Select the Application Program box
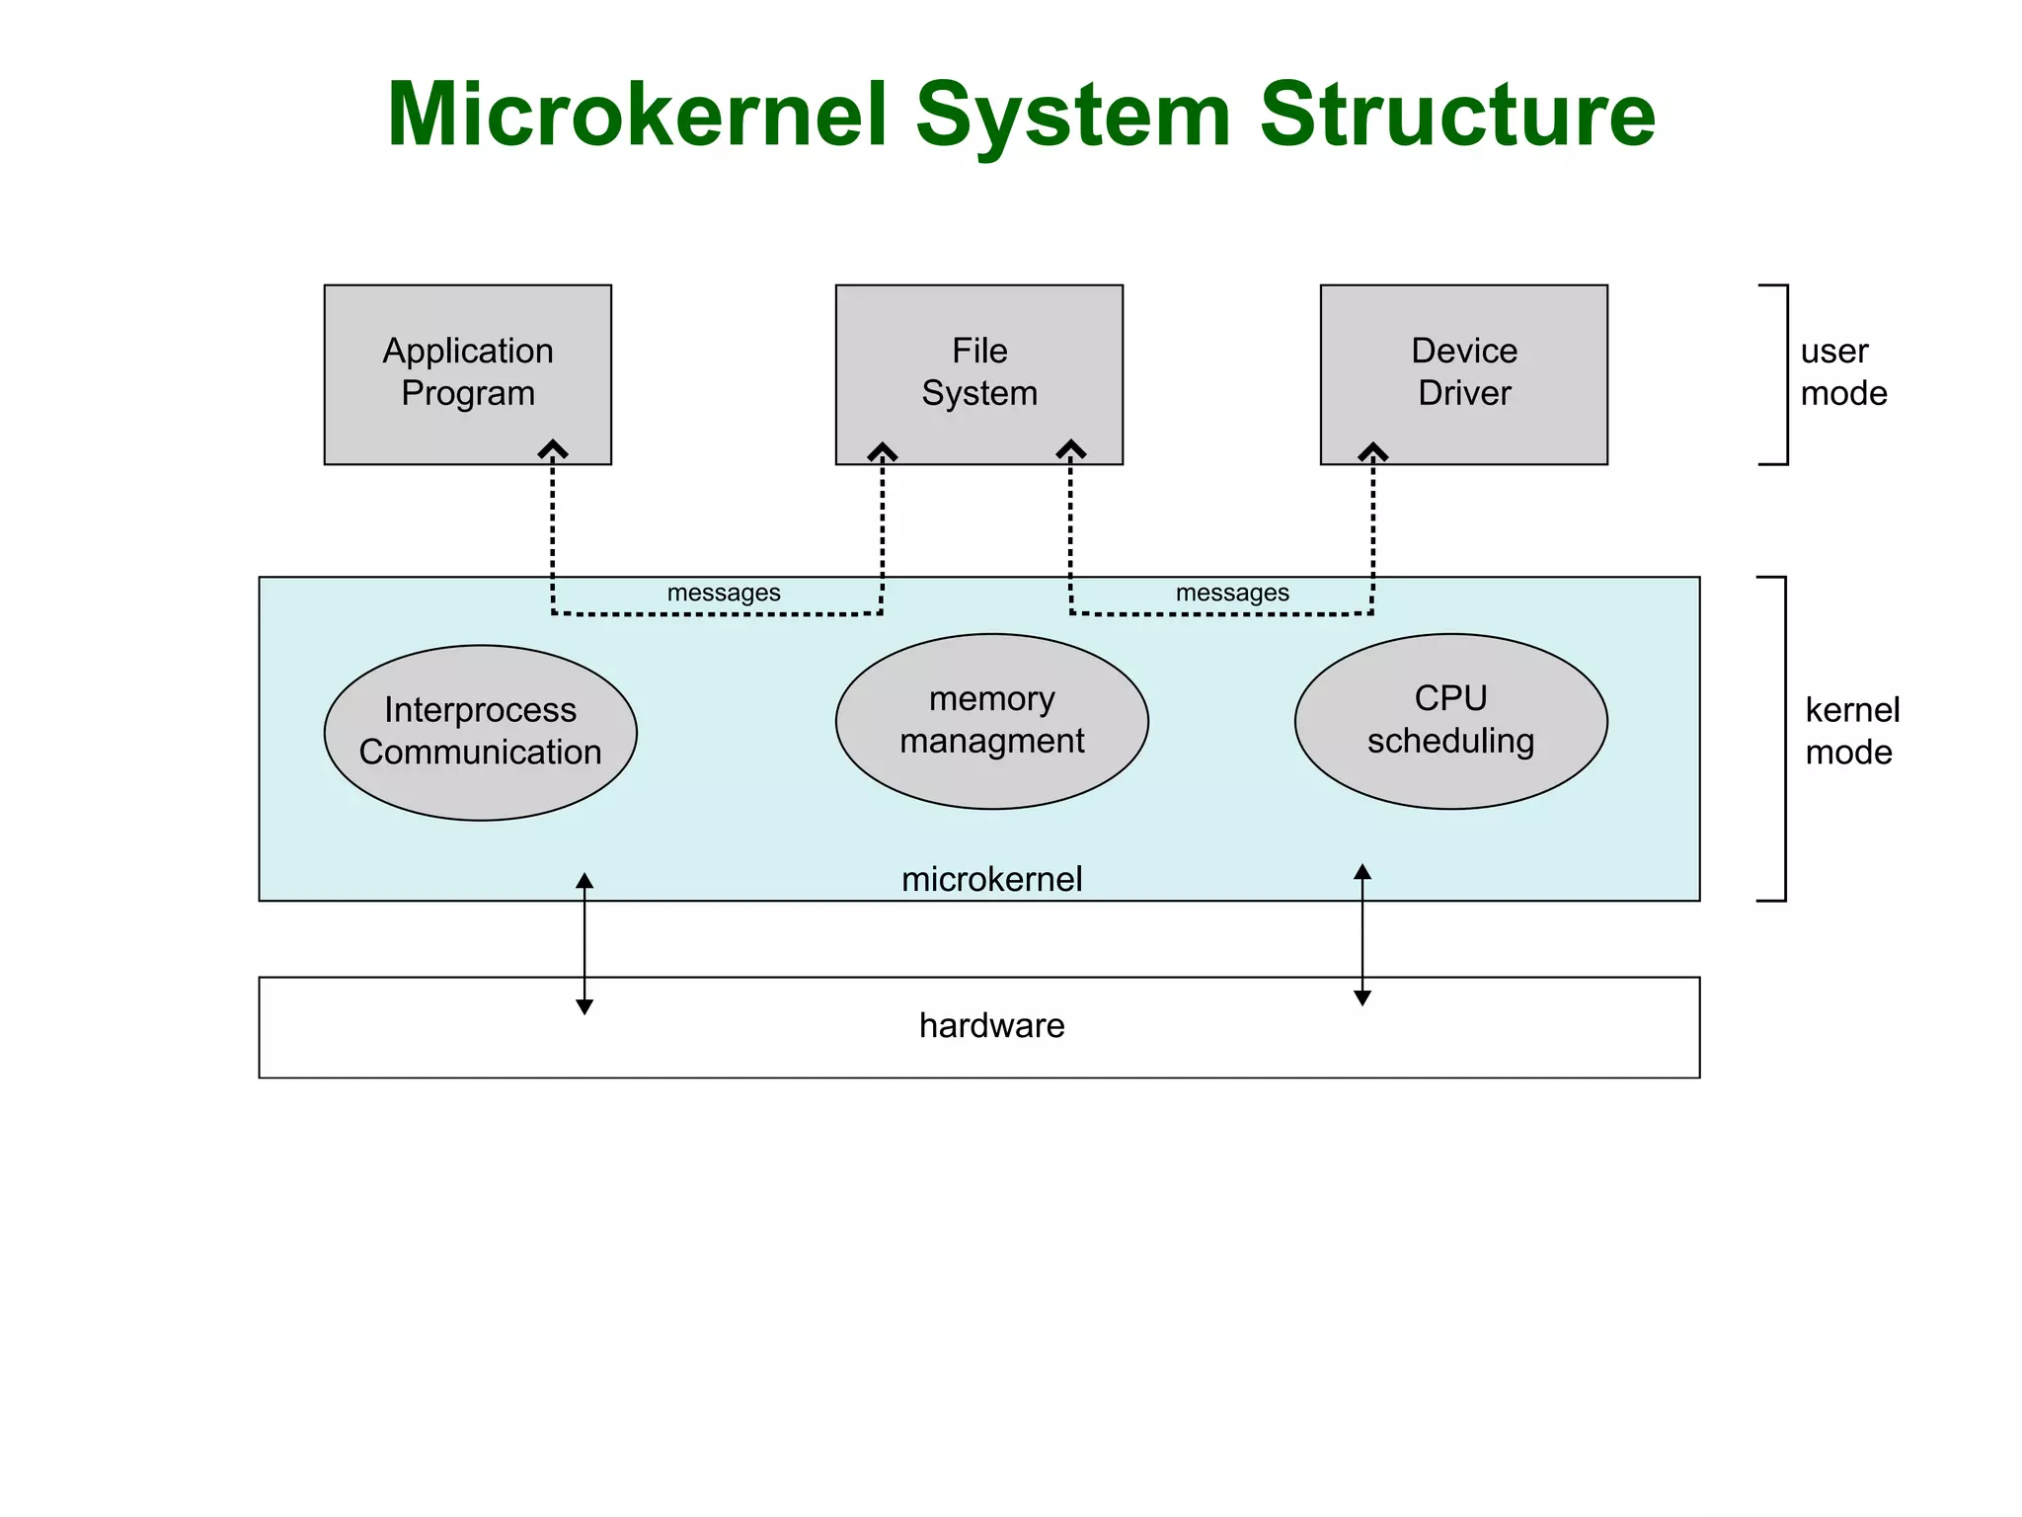(467, 372)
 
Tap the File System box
(978, 372)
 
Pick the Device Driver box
(1463, 372)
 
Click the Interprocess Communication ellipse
(480, 732)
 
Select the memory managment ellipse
(991, 721)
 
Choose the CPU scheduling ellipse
(1450, 721)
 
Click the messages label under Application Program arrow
(724, 593)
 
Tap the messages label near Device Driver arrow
(1232, 593)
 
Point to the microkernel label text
(991, 879)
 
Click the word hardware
(991, 1025)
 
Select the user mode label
(1842, 372)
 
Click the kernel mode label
(1851, 731)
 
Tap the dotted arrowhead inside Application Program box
(553, 450)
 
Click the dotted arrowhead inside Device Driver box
(1372, 452)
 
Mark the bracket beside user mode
(1784, 374)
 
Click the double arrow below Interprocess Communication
(584, 943)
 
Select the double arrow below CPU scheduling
(1362, 934)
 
